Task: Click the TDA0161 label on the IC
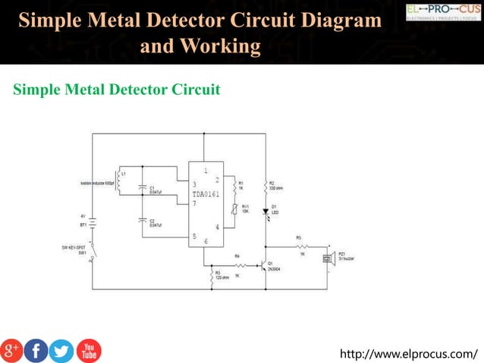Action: point(206,194)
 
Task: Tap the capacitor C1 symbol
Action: point(143,189)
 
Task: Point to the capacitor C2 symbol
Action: point(143,223)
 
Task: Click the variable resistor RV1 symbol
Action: point(235,209)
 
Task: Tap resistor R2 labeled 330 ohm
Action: point(266,186)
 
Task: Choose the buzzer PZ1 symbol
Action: point(328,259)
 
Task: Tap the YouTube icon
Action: point(88,350)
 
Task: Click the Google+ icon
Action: point(11,350)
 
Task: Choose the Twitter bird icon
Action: point(62,350)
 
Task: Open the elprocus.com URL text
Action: point(410,353)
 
